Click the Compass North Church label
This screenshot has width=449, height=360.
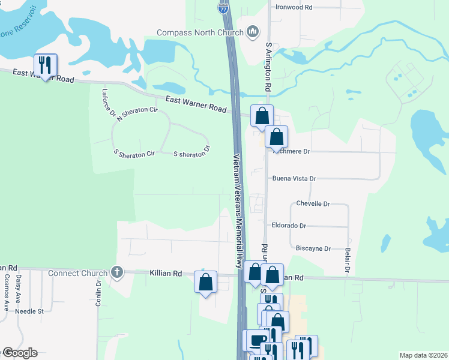pos(199,32)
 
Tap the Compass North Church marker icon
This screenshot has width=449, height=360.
pos(252,32)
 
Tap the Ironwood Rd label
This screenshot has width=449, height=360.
pos(294,7)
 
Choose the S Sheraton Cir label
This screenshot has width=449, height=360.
pos(134,154)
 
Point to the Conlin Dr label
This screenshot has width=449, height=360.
pos(98,293)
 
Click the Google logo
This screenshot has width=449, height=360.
pos(19,353)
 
